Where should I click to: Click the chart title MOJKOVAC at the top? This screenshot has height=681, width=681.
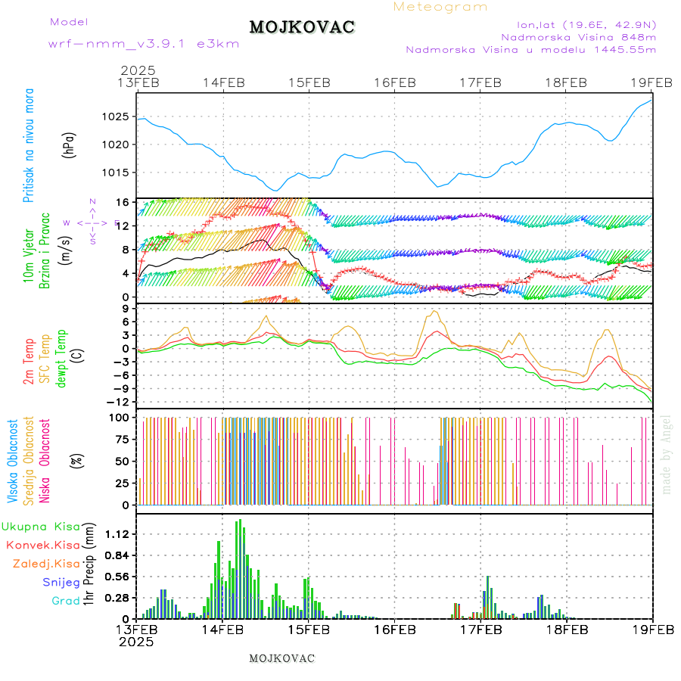302,27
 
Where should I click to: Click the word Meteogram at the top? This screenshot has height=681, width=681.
440,7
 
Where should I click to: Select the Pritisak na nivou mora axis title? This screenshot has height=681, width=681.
29,144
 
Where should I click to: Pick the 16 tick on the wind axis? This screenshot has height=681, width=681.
121,202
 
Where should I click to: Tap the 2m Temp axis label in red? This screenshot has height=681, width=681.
29,361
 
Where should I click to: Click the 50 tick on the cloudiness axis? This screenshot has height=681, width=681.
121,461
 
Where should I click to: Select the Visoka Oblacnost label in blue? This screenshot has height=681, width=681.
13,462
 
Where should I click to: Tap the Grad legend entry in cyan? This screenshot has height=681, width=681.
66,601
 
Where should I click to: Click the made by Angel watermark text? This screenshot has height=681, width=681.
666,454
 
